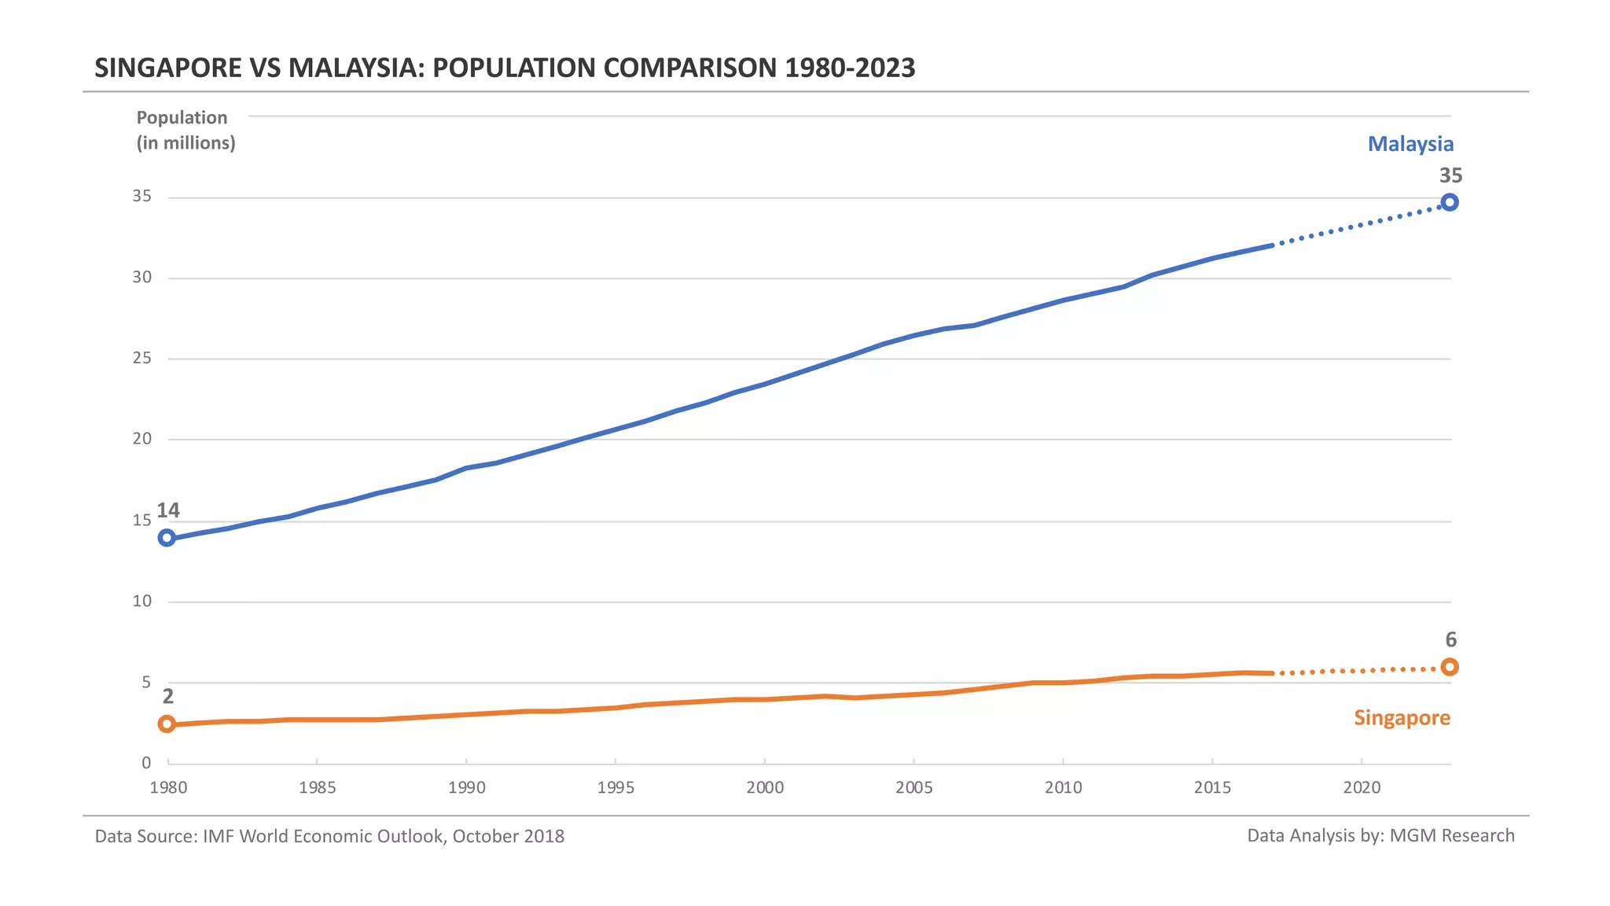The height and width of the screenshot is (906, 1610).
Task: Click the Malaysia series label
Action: [x=1410, y=144]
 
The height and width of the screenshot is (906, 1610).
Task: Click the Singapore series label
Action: [x=1402, y=717]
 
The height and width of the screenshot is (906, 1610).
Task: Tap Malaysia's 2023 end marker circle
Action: [x=1450, y=202]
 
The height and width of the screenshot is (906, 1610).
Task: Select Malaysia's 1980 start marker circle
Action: [x=167, y=538]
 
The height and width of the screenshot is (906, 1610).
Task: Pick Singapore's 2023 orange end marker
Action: [x=1450, y=667]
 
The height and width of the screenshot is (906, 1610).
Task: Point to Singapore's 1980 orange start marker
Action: [x=167, y=724]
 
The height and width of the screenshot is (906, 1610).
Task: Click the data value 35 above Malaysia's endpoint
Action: [x=1450, y=175]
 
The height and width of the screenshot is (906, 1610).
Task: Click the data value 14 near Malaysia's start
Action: [x=168, y=510]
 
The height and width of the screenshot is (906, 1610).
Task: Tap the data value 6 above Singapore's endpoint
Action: [x=1450, y=639]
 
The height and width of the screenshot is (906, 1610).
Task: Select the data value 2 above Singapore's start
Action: [x=167, y=696]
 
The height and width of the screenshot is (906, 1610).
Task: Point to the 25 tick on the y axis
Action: [x=142, y=359]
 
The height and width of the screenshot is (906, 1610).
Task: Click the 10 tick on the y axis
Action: [x=142, y=602]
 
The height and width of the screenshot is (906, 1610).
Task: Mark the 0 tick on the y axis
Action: [x=146, y=763]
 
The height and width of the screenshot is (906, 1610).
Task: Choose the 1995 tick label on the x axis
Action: [x=616, y=787]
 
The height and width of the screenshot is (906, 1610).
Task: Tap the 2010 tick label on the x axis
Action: [x=1063, y=787]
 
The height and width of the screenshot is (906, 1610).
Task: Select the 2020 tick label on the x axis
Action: [x=1362, y=787]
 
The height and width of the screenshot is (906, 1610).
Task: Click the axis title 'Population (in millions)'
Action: [x=186, y=130]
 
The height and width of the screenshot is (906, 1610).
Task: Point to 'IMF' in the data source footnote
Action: [x=219, y=835]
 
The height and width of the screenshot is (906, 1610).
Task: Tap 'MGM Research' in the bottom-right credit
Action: [x=1451, y=835]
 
